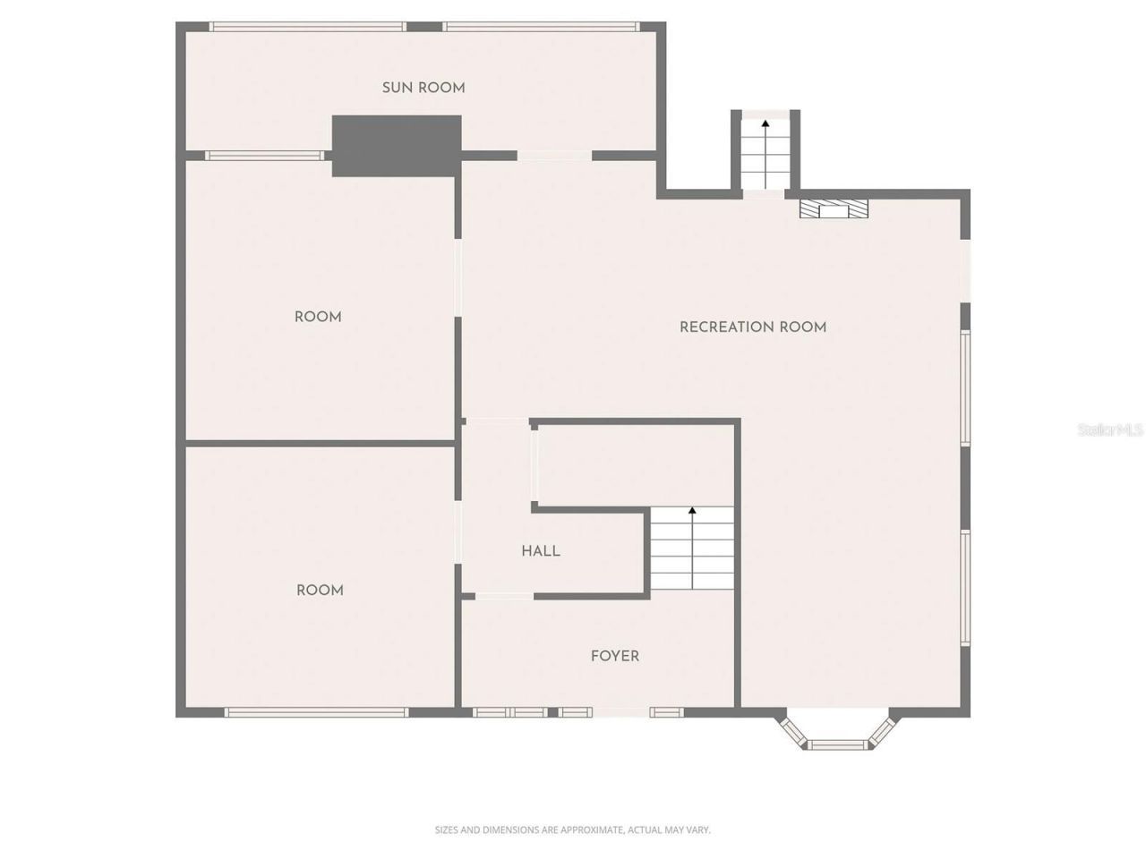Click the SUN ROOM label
423,88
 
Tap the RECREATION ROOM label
752,327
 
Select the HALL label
541,551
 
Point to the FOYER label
615,656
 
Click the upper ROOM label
318,317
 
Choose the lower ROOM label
320,591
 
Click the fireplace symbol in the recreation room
834,208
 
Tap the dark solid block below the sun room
397,146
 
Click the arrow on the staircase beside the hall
692,513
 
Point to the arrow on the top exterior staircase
765,126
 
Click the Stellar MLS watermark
1110,430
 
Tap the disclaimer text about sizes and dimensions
572,830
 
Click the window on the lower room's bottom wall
316,712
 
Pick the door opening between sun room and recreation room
554,156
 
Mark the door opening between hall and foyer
504,596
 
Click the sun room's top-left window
306,27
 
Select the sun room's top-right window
542,27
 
